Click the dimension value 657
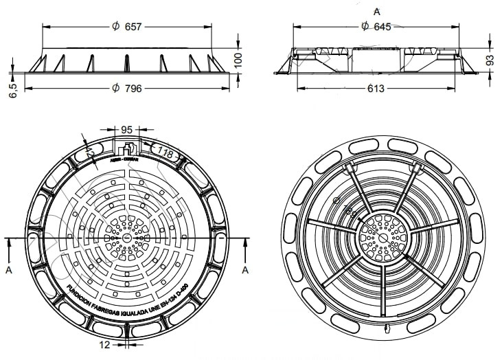(x=133, y=27)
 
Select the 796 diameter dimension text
(x=133, y=89)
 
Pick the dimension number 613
(x=376, y=89)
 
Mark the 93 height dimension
(x=490, y=60)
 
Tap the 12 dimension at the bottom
(x=104, y=345)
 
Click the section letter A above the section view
(x=376, y=11)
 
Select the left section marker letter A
(x=9, y=270)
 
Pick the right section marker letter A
(x=244, y=270)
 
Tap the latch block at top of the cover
(x=127, y=149)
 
